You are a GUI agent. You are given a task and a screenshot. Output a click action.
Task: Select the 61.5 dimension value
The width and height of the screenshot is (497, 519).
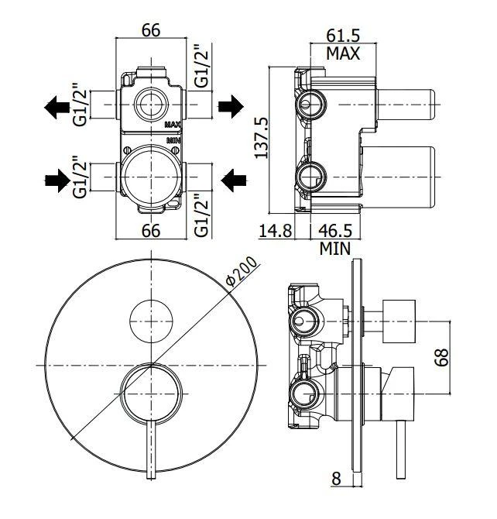pos(342,35)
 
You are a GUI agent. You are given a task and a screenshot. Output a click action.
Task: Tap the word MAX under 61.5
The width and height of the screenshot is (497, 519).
pos(343,53)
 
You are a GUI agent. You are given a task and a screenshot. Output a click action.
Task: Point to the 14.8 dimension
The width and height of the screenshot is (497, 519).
pos(276,230)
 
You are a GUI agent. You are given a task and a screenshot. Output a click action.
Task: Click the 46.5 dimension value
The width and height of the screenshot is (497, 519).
pos(335,230)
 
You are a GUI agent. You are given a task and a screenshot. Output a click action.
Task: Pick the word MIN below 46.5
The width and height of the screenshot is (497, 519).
pos(335,248)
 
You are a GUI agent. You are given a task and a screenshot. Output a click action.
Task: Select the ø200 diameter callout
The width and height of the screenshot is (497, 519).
pos(242,271)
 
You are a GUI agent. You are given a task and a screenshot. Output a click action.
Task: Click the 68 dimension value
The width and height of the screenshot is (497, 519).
pos(442,357)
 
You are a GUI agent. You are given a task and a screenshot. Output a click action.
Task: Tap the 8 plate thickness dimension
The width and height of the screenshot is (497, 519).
pos(336,478)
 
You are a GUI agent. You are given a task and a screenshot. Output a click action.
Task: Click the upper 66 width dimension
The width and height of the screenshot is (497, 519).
pos(151,30)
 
